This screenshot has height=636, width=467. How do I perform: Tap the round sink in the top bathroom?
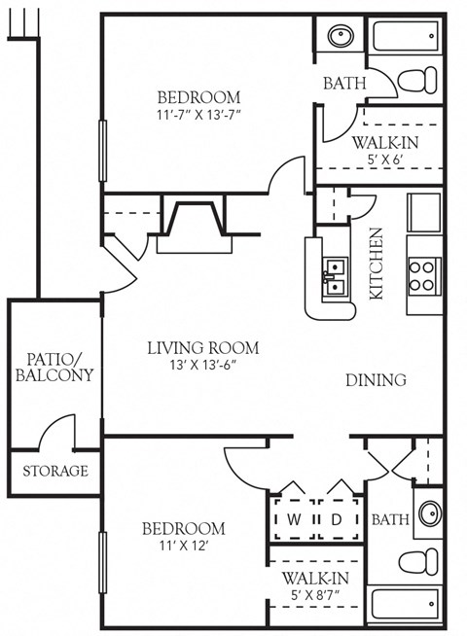(341, 37)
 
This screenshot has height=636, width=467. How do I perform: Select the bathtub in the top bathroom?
(407, 36)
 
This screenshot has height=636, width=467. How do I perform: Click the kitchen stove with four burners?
(424, 274)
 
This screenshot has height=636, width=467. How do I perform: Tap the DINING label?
(376, 380)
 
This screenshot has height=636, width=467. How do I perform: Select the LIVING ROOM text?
(203, 347)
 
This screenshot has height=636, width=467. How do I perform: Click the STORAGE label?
(54, 472)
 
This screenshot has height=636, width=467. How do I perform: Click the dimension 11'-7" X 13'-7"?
(198, 116)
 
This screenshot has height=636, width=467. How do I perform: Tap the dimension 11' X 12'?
(184, 547)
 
